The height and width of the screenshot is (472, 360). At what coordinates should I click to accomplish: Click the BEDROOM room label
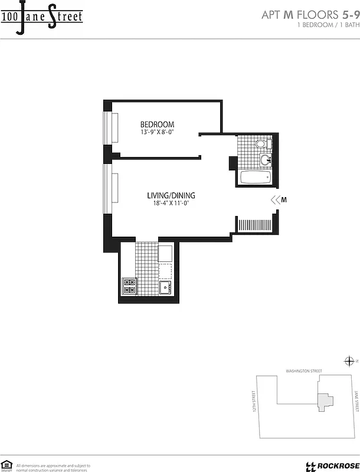click(x=157, y=124)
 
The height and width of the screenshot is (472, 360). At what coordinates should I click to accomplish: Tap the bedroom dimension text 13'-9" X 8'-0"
click(x=157, y=133)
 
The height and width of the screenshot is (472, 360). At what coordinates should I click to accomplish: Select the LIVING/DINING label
click(x=171, y=196)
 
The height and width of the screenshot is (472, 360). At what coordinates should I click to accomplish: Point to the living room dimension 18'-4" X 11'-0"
click(x=171, y=204)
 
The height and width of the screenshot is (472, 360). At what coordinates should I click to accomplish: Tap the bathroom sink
click(x=264, y=159)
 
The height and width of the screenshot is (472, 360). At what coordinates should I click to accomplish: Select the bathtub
click(x=255, y=177)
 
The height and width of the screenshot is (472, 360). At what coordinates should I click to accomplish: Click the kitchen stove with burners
click(x=129, y=286)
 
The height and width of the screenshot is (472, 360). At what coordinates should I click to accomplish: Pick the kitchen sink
click(x=165, y=288)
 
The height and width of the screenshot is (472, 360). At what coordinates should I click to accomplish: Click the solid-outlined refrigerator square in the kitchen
click(x=165, y=253)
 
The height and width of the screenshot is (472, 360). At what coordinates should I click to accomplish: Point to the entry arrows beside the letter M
click(x=274, y=200)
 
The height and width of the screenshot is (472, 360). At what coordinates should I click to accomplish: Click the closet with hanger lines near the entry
click(x=254, y=224)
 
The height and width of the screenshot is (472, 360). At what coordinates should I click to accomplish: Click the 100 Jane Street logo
click(x=41, y=17)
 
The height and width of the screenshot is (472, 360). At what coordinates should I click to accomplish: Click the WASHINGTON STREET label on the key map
click(x=304, y=371)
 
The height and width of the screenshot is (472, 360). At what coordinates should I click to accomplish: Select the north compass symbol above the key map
click(x=349, y=361)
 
